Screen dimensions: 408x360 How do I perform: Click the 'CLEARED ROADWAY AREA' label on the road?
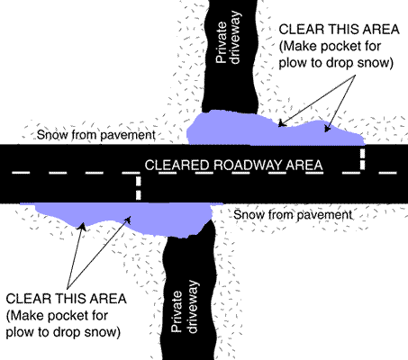pyautogui.click(x=233, y=166)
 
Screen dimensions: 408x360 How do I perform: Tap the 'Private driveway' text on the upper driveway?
pyautogui.click(x=228, y=38)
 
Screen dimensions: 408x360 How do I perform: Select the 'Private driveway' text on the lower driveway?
pyautogui.click(x=185, y=307)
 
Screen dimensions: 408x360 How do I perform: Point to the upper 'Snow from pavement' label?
pyautogui.click(x=96, y=135)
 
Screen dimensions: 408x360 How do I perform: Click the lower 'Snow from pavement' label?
pyautogui.click(x=293, y=215)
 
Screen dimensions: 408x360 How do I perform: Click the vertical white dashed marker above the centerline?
pyautogui.click(x=363, y=159)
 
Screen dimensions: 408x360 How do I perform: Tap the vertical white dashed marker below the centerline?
pyautogui.click(x=138, y=188)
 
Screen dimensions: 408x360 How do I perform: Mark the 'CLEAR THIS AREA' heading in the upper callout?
pyautogui.click(x=340, y=30)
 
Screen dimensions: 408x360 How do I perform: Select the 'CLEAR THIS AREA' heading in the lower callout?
pyautogui.click(x=66, y=299)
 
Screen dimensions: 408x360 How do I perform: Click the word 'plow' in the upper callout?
pyautogui.click(x=291, y=63)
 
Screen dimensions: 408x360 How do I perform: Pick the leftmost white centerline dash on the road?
pyautogui.click(x=21, y=173)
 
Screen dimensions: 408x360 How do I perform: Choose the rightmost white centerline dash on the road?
pyautogui.click(x=388, y=173)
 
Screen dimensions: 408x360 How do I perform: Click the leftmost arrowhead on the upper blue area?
pyautogui.click(x=282, y=123)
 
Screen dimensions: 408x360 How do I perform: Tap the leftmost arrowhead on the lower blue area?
pyautogui.click(x=82, y=227)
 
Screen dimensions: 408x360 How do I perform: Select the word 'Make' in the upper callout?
pyautogui.click(x=298, y=47)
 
